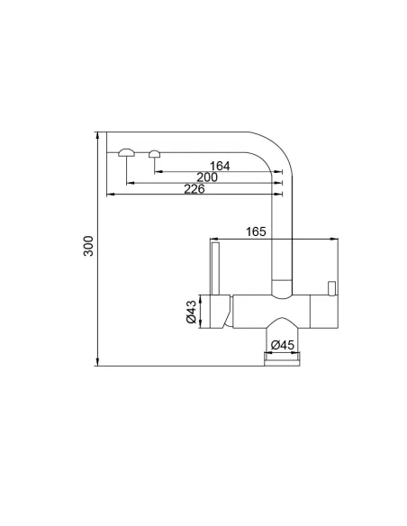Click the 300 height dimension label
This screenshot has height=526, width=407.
point(87,249)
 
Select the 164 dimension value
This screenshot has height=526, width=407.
point(220,166)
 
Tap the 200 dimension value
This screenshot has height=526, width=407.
point(207,177)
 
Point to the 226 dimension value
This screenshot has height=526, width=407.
point(194,189)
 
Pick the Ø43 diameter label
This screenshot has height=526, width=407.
point(191,313)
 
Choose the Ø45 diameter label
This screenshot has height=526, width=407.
point(283,345)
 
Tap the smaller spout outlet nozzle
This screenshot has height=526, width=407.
point(155,152)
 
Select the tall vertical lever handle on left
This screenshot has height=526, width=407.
point(214,268)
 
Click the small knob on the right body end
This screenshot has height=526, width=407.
point(331,288)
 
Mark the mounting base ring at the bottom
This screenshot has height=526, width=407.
point(282,359)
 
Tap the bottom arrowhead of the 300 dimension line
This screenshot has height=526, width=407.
point(97,364)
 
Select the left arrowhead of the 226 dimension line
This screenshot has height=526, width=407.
point(109,194)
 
